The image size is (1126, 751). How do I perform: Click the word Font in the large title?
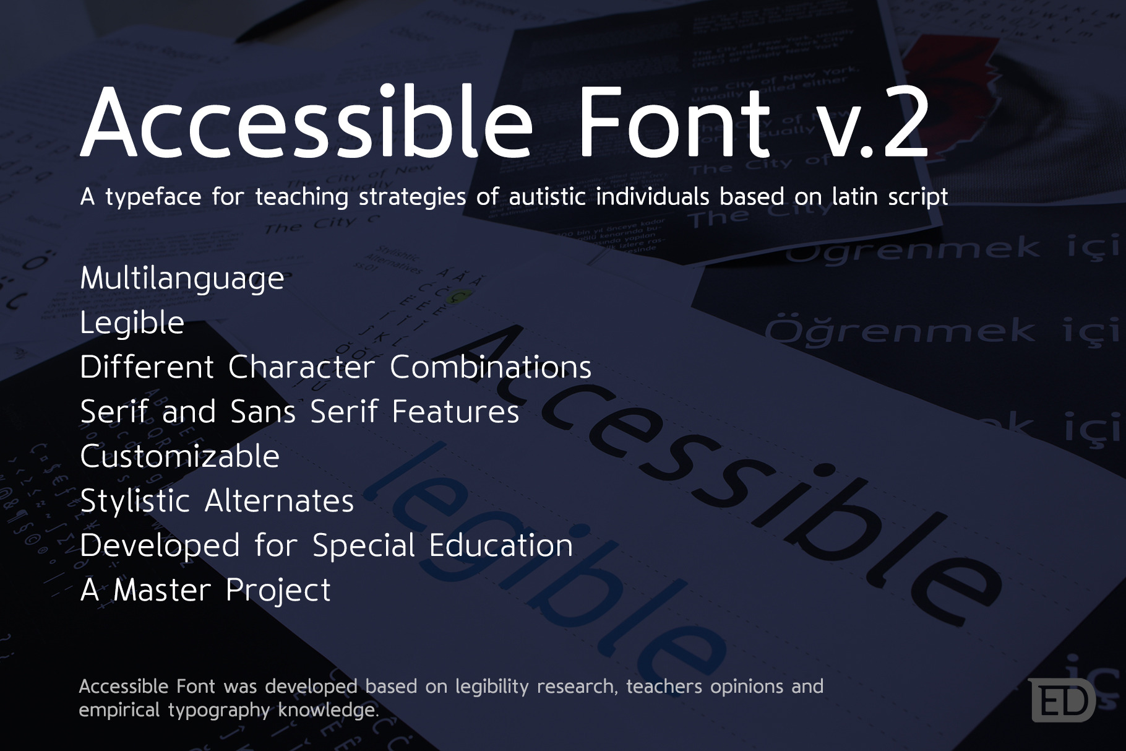(x=674, y=122)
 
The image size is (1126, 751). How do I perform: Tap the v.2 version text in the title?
(x=872, y=122)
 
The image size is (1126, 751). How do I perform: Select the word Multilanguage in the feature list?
(x=182, y=279)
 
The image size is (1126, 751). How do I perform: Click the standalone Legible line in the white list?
(x=132, y=323)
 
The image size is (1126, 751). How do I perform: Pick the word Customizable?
(x=179, y=457)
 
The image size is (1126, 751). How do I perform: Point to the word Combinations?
(x=490, y=367)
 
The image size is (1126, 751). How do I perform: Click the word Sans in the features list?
(x=262, y=412)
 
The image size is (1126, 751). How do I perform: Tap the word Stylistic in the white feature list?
(x=134, y=501)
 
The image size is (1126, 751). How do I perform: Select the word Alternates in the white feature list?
(x=279, y=501)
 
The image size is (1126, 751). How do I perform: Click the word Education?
(x=501, y=545)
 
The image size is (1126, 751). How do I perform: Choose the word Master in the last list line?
(x=162, y=590)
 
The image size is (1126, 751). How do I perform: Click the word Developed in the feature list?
(x=160, y=546)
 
